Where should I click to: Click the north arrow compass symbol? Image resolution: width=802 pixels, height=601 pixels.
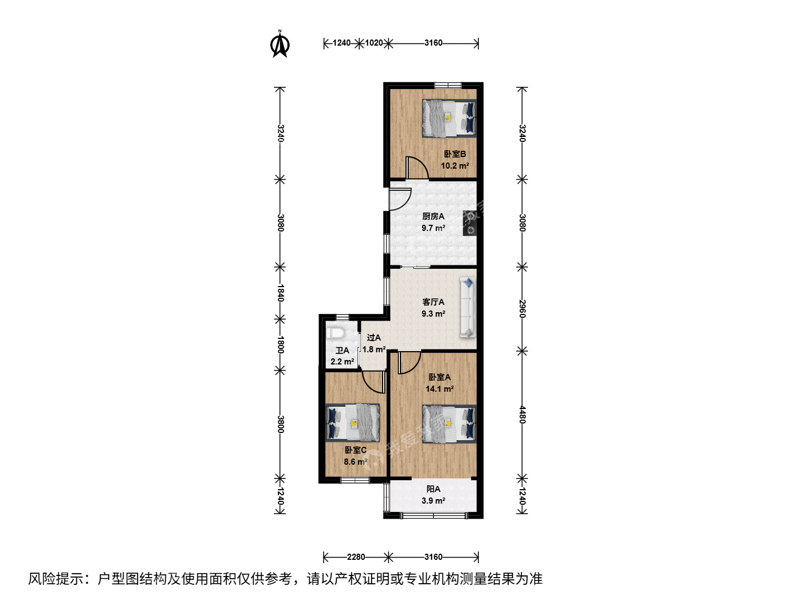pyautogui.click(x=280, y=44)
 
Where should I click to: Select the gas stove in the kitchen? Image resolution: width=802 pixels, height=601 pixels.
pyautogui.click(x=470, y=223)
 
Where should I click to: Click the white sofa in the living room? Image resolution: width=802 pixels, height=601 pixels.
pyautogui.click(x=468, y=307)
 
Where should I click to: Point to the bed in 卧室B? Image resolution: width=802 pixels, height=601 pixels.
pyautogui.click(x=449, y=118)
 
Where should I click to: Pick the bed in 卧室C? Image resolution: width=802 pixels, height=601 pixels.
pyautogui.click(x=353, y=423)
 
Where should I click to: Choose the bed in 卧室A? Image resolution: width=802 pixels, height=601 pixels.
pyautogui.click(x=449, y=423)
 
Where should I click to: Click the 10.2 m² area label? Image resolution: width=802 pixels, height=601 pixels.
pyautogui.click(x=455, y=166)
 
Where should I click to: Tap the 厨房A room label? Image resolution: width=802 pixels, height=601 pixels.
pyautogui.click(x=433, y=216)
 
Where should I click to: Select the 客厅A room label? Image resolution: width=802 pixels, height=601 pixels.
pyautogui.click(x=433, y=302)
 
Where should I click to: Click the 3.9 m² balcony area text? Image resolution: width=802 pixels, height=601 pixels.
pyautogui.click(x=433, y=501)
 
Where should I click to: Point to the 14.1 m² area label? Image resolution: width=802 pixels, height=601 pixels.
pyautogui.click(x=439, y=389)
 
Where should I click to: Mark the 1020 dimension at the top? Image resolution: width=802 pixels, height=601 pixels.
pyautogui.click(x=374, y=43)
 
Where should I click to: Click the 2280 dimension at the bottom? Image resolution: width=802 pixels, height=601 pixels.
pyautogui.click(x=356, y=557)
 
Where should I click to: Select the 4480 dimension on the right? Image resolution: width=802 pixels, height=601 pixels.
pyautogui.click(x=522, y=415)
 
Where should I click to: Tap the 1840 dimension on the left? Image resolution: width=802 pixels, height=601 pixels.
pyautogui.click(x=280, y=293)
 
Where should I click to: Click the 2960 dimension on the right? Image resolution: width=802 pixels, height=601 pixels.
pyautogui.click(x=522, y=309)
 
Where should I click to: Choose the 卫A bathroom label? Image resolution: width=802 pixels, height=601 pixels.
pyautogui.click(x=343, y=351)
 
